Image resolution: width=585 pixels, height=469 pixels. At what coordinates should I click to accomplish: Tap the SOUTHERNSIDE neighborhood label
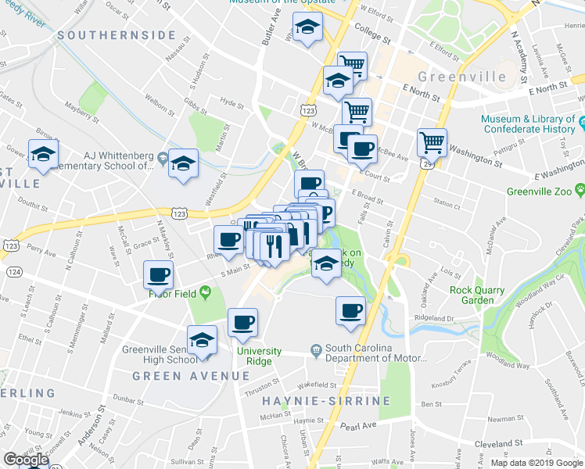click(x=116, y=35)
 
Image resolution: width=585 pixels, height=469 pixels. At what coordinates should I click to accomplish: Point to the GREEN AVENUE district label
click(x=180, y=375)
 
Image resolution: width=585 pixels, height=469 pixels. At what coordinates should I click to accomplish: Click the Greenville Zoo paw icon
click(x=580, y=189)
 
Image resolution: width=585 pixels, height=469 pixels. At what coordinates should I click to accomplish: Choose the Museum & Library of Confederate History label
click(x=528, y=124)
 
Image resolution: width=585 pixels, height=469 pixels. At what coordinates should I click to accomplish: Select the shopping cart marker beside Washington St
click(x=431, y=142)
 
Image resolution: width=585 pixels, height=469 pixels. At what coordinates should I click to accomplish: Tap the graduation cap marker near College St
click(x=307, y=27)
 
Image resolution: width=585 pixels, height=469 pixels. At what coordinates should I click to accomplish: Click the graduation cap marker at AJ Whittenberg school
click(x=183, y=163)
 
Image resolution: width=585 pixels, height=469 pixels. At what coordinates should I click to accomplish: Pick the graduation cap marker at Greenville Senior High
click(x=203, y=341)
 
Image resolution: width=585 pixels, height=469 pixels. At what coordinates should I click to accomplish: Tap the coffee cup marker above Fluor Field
click(x=159, y=274)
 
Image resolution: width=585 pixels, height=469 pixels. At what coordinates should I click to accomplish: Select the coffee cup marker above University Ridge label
click(x=242, y=321)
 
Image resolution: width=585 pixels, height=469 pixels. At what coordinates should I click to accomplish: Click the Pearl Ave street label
click(x=360, y=426)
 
